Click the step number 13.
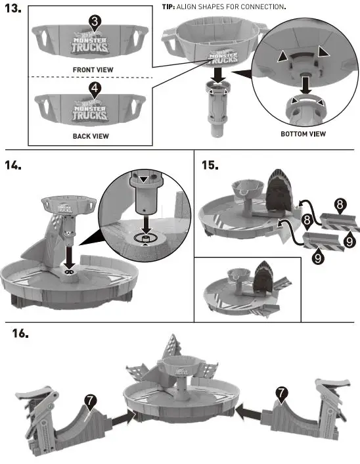click(14, 11)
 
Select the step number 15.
click(210, 164)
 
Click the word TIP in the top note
click(169, 7)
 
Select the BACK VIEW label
click(90, 136)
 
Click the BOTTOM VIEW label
click(303, 134)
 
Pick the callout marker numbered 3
click(95, 22)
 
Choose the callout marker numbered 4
click(95, 87)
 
